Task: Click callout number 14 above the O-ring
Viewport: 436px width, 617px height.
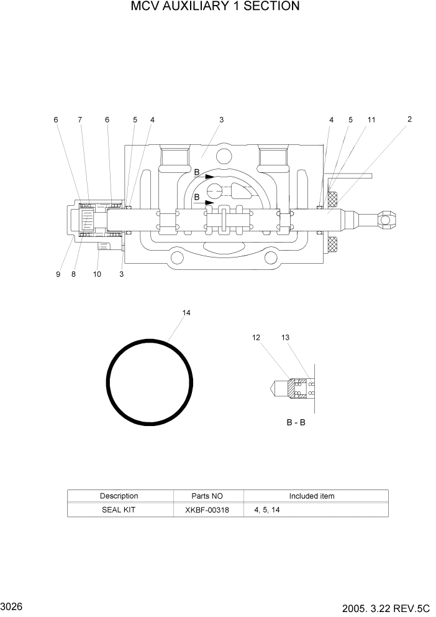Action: click(x=186, y=313)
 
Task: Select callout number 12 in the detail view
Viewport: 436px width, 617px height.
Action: click(x=257, y=338)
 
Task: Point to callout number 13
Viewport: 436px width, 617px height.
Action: click(x=285, y=338)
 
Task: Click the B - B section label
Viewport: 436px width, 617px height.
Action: click(x=296, y=422)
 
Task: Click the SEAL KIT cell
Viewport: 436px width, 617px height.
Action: click(x=119, y=509)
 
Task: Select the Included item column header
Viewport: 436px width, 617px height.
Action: click(x=311, y=496)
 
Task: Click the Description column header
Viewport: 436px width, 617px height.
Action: click(x=119, y=496)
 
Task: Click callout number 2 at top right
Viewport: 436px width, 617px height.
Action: click(x=409, y=119)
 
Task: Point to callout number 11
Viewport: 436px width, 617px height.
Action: click(x=371, y=119)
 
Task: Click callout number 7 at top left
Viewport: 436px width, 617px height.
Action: click(x=79, y=119)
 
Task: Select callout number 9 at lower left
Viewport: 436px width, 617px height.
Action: click(x=58, y=274)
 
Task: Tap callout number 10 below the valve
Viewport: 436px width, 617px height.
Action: click(x=97, y=274)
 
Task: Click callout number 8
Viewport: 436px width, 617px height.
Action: click(x=73, y=274)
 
